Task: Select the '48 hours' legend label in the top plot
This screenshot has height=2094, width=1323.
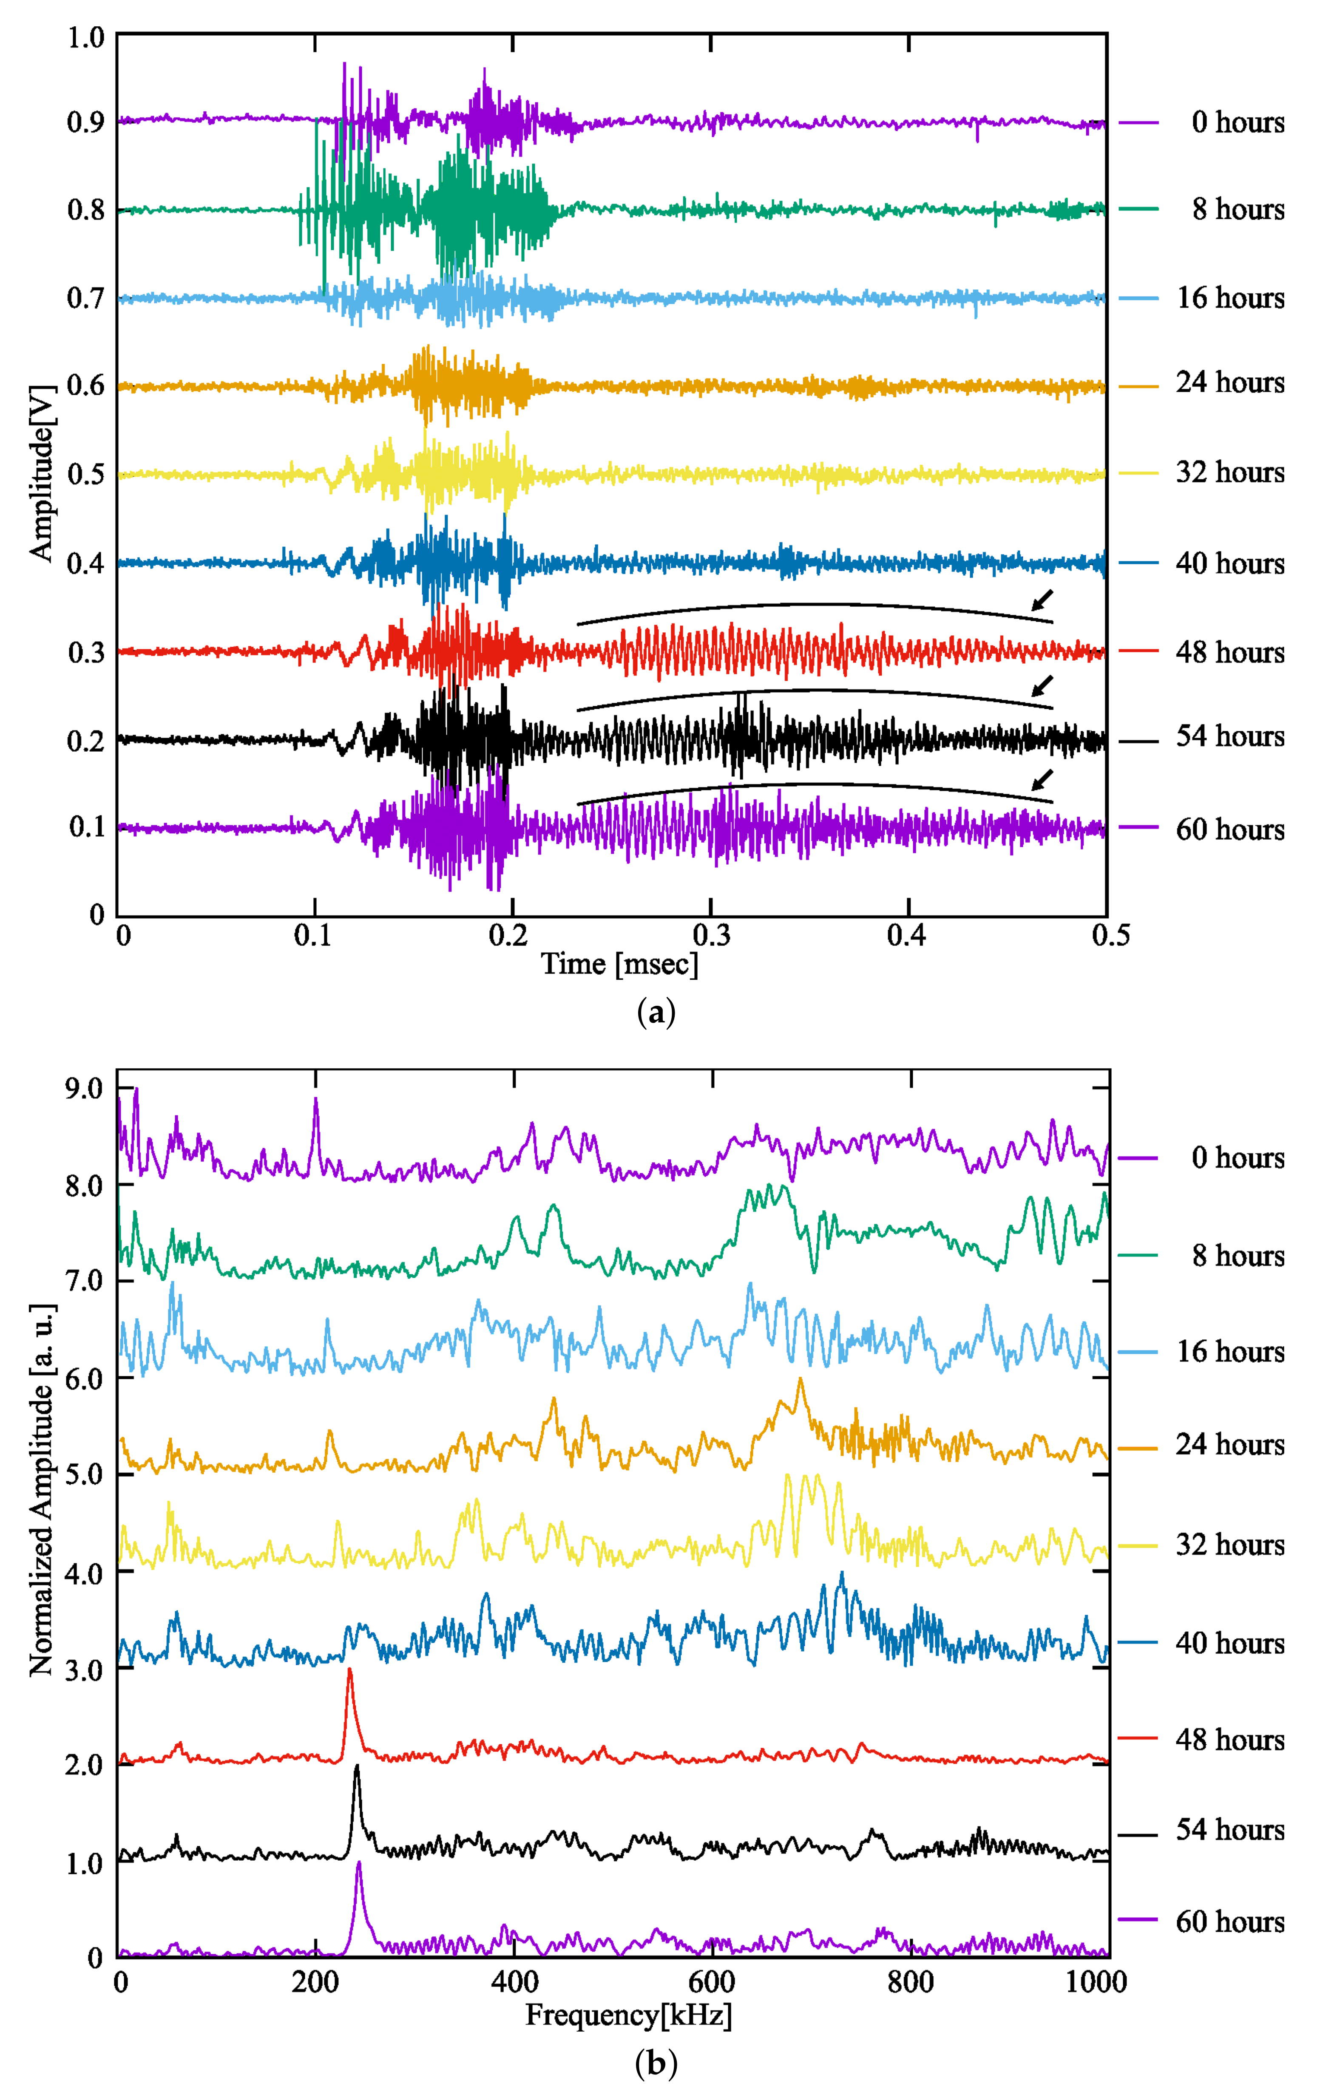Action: (x=1229, y=652)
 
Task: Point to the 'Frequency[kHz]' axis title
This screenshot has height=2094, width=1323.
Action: (x=628, y=2015)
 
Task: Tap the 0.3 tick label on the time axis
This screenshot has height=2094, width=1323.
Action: (x=711, y=936)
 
